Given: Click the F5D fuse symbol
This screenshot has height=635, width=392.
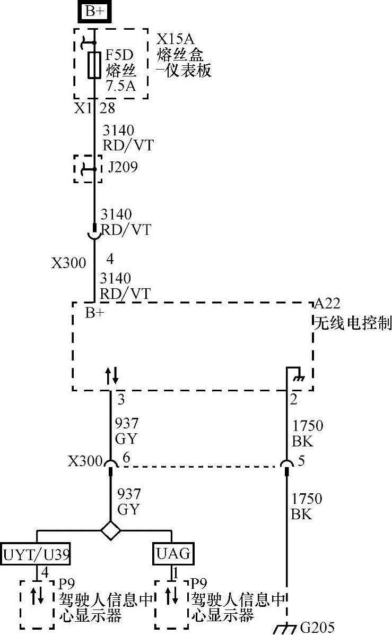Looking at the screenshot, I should [x=94, y=65].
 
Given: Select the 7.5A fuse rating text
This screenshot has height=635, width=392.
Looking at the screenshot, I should [x=120, y=85].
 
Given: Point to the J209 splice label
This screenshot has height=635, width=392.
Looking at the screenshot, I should [x=123, y=168].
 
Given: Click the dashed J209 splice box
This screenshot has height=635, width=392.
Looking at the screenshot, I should [x=88, y=169].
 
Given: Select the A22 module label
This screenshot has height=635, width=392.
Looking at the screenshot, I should [x=327, y=303].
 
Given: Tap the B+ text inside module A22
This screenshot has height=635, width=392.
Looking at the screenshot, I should [x=95, y=313].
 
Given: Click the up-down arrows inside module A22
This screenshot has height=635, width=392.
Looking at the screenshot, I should [x=111, y=376].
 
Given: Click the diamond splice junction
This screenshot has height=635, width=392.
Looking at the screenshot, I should [x=110, y=530].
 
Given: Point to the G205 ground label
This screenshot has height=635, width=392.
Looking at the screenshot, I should [x=317, y=628].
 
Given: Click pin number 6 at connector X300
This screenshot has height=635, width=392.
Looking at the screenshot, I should [x=126, y=458].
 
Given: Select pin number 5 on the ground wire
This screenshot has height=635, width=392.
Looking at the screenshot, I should [x=301, y=461].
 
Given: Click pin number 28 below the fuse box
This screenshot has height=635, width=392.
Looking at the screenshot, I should [x=107, y=108].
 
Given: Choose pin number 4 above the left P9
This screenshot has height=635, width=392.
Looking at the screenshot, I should [x=45, y=572].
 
